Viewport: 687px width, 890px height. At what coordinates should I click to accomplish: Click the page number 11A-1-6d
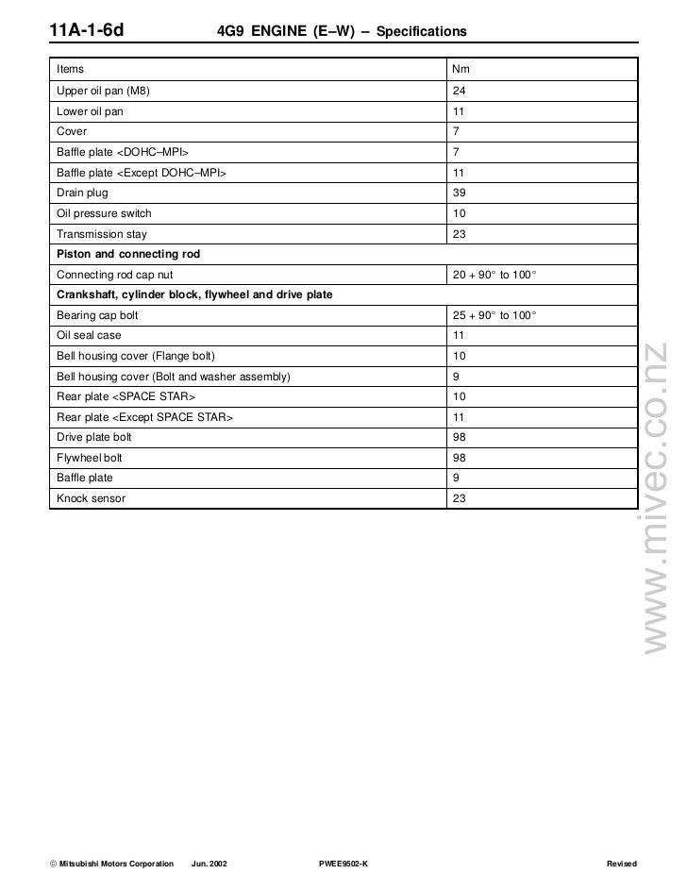click(x=87, y=32)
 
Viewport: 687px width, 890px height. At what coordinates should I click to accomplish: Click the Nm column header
click(x=461, y=70)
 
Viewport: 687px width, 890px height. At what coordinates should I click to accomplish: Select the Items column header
click(x=70, y=70)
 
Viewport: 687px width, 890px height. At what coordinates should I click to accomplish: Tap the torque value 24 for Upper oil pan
click(x=460, y=91)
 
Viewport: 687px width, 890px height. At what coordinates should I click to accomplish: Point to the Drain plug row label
click(x=82, y=193)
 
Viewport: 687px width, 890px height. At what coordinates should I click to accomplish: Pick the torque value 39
click(x=460, y=193)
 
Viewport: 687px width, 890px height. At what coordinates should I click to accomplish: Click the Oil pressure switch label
click(x=104, y=213)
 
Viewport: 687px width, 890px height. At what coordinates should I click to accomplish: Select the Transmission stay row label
click(x=102, y=234)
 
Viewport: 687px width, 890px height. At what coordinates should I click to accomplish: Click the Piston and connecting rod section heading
click(x=128, y=255)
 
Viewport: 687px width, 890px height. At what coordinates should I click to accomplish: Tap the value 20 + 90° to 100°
click(x=494, y=275)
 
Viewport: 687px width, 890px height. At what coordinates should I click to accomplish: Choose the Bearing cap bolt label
click(x=97, y=315)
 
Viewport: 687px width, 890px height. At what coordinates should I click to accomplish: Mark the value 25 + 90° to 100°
click(x=494, y=315)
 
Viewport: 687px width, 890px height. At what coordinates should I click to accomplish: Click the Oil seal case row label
click(x=89, y=335)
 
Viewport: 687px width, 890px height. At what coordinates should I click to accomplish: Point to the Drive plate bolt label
click(x=94, y=437)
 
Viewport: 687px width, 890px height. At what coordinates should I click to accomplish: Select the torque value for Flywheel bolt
click(x=460, y=458)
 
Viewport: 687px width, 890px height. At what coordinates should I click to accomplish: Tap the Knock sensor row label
click(x=91, y=497)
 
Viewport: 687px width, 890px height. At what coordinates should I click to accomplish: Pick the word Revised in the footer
click(x=622, y=865)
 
